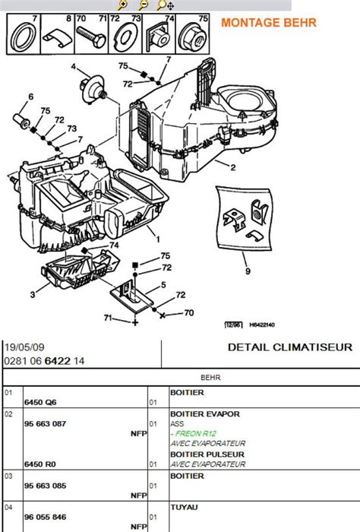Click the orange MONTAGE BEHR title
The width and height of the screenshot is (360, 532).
pos(269,23)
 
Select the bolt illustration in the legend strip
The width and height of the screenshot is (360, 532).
pos(91,37)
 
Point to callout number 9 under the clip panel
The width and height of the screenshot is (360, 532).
pos(248,271)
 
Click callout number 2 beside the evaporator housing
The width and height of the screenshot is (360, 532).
pos(233,167)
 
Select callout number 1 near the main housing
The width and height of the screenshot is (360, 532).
pos(158,239)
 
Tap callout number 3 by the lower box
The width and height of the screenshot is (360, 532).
pos(33,294)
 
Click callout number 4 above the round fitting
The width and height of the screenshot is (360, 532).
pos(74,67)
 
